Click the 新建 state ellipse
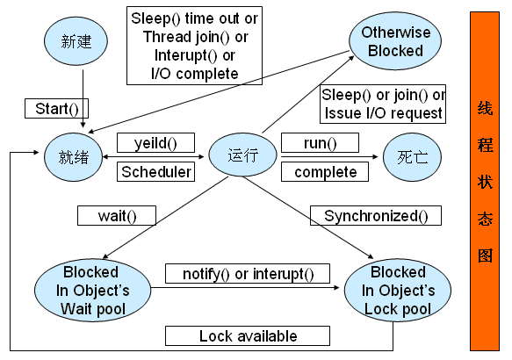point(76,41)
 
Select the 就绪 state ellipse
point(74,157)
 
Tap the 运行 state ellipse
point(242,155)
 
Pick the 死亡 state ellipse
point(412,157)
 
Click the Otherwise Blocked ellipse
point(395,41)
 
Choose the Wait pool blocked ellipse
point(93,290)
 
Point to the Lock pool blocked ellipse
point(398,290)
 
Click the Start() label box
point(56,109)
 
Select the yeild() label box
point(155,142)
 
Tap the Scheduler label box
point(155,172)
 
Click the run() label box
point(320,142)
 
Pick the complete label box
point(325,172)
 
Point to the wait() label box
point(117,215)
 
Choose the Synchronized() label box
point(376,215)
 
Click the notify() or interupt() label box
point(248,273)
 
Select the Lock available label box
point(248,335)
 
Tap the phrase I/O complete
point(195,74)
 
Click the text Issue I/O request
point(384,113)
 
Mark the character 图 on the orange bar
point(485,256)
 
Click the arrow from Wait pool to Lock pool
point(245,287)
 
